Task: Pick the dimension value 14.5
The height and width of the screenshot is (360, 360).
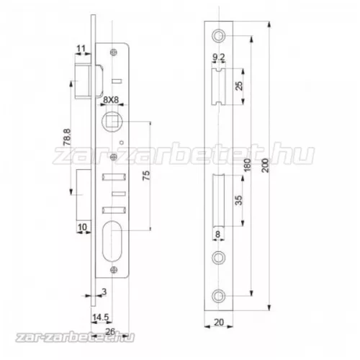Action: point(99,317)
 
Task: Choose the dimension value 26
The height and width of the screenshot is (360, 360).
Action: point(109,331)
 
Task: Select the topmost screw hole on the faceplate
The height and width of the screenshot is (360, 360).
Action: point(219,36)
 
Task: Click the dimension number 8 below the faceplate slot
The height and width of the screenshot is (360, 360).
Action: point(217,233)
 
